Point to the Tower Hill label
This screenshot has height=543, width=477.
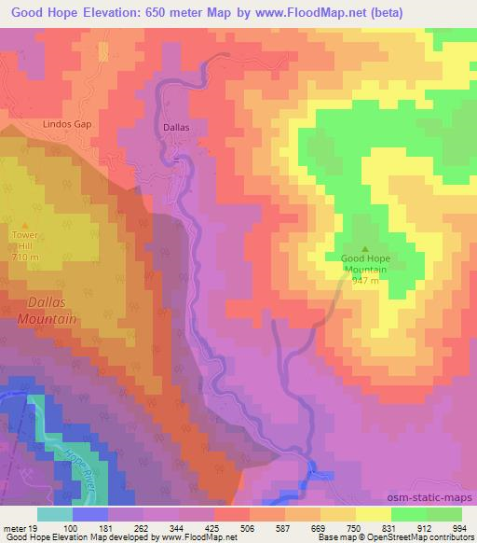point(21,241)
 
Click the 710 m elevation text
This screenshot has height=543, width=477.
point(21,257)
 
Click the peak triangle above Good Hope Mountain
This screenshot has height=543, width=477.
point(364,247)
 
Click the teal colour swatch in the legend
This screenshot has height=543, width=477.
point(54,514)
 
